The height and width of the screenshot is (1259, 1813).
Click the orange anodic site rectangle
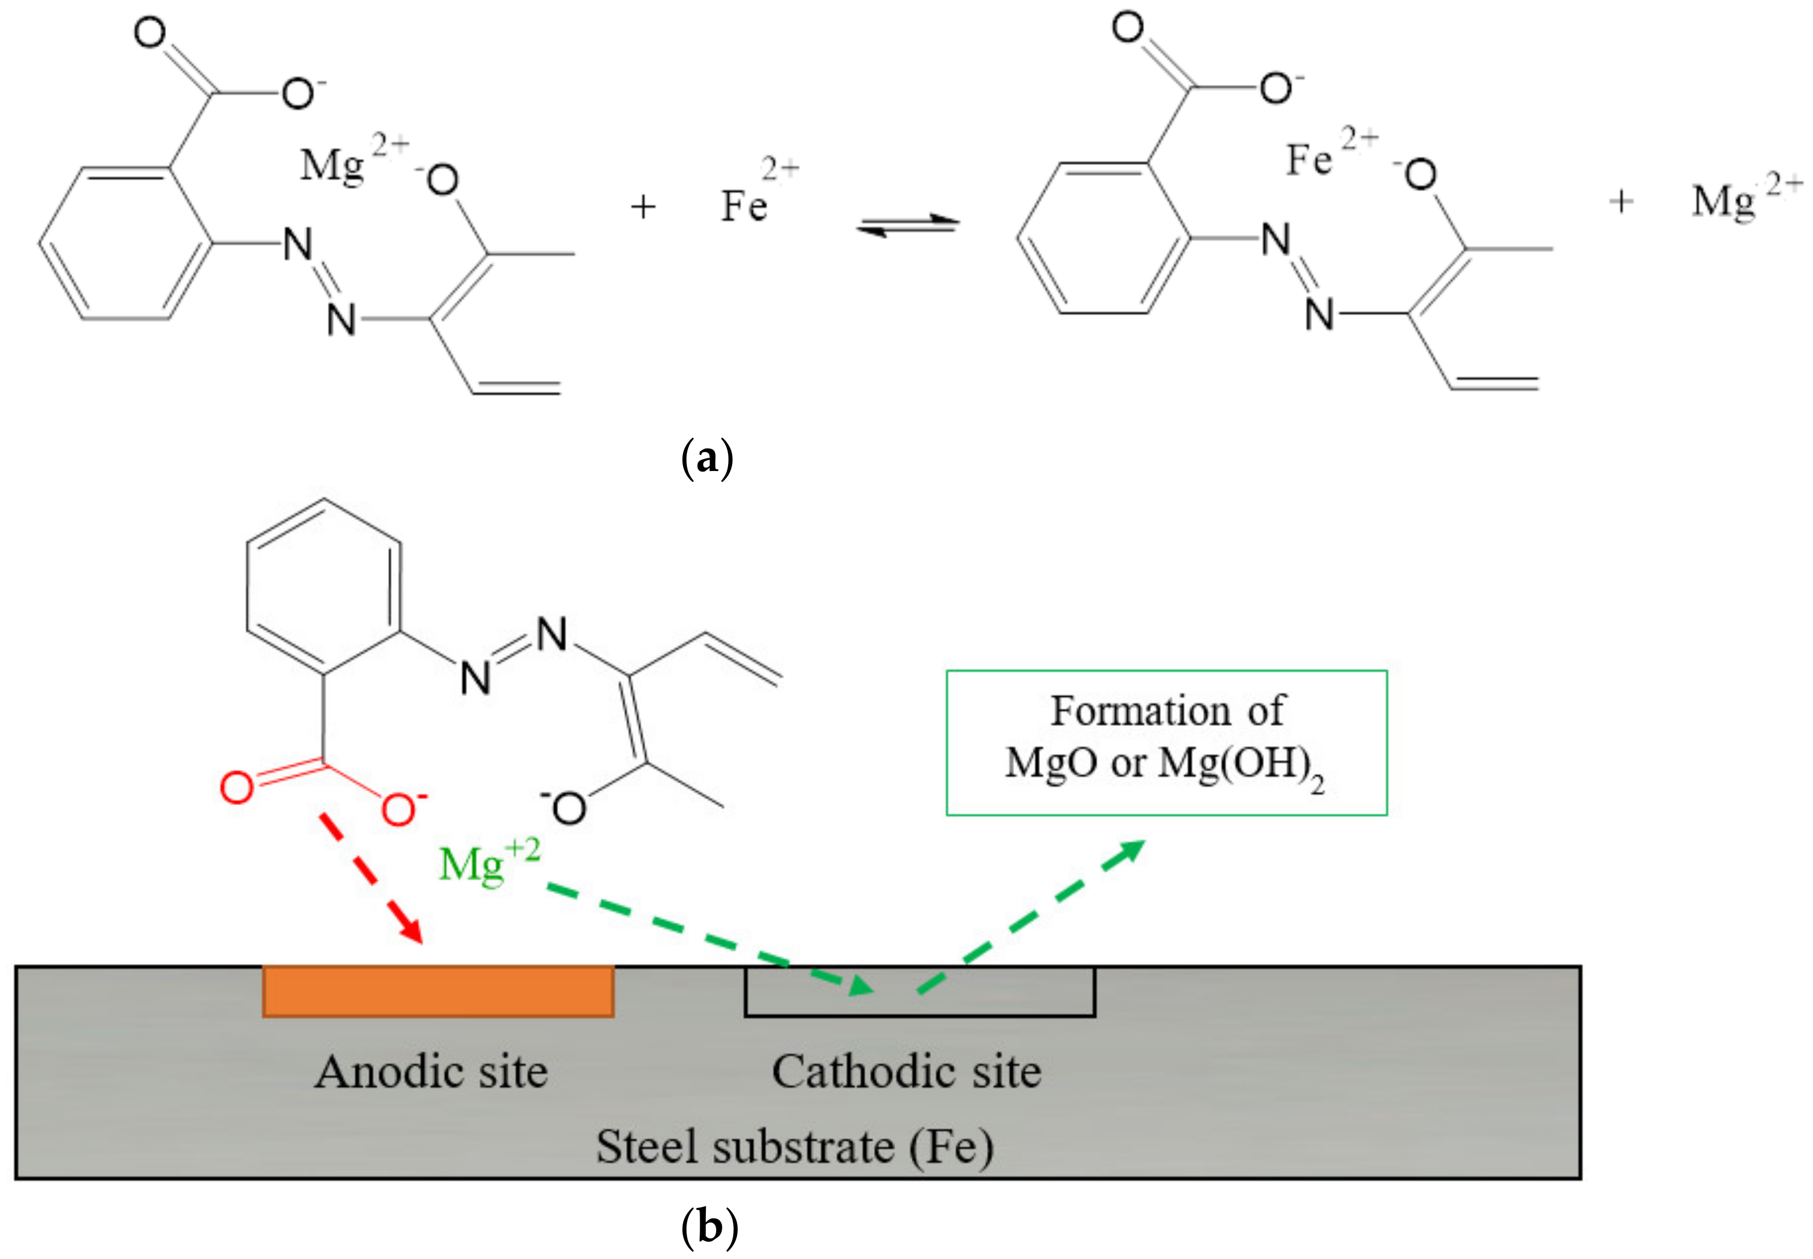[438, 991]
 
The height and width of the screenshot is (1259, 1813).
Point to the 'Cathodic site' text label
[906, 1071]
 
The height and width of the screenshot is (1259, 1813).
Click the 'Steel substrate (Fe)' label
[794, 1146]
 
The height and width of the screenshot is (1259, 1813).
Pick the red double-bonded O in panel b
[237, 787]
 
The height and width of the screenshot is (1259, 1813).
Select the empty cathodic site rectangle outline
[920, 992]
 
